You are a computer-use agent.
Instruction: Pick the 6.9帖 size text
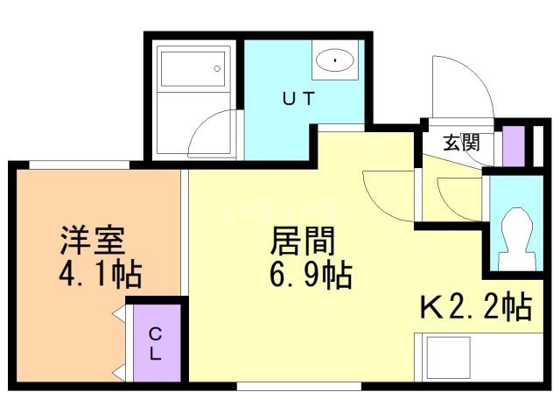pyautogui.click(x=309, y=276)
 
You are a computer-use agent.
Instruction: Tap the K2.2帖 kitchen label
pyautogui.click(x=476, y=307)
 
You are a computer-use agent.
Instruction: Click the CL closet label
pyautogui.click(x=154, y=344)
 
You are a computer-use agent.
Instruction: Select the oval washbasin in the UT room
pyautogui.click(x=332, y=60)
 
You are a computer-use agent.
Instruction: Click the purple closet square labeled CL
pyautogui.click(x=156, y=343)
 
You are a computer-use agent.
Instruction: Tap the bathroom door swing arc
pyautogui.click(x=210, y=133)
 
